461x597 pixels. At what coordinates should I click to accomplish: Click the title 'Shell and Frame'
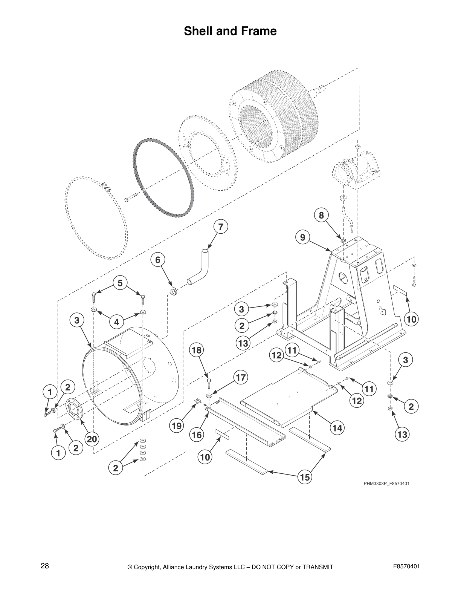(x=230, y=31)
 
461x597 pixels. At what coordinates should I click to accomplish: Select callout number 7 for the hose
(x=221, y=227)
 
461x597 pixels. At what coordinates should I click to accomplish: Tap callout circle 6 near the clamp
(x=158, y=260)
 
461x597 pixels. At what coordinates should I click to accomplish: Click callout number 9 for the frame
(x=302, y=237)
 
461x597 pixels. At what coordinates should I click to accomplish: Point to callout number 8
(x=321, y=215)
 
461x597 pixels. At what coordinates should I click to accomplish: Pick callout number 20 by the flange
(x=92, y=439)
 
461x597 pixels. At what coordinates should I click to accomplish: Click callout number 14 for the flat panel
(x=337, y=428)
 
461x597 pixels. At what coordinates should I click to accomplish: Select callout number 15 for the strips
(x=305, y=478)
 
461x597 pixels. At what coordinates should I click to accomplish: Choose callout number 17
(x=240, y=377)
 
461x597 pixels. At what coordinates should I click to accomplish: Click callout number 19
(x=176, y=426)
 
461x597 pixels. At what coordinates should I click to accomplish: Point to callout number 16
(x=196, y=435)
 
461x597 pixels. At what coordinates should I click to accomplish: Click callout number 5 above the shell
(x=120, y=283)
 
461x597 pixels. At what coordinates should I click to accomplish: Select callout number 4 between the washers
(x=117, y=322)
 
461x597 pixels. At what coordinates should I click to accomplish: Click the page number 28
(x=44, y=566)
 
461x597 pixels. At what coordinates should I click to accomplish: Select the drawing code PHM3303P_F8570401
(x=386, y=484)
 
